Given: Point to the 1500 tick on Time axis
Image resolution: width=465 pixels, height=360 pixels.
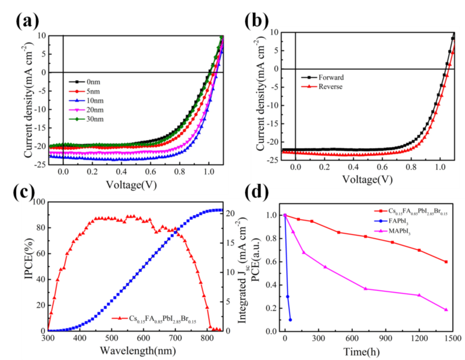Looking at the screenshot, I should pyautogui.click(x=452, y=338).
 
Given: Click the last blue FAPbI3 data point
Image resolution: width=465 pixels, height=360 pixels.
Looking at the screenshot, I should pyautogui.click(x=290, y=320).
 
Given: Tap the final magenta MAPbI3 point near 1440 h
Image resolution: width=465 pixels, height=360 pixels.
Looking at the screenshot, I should pyautogui.click(x=446, y=310).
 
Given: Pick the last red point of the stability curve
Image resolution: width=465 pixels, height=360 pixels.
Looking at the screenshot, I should pyautogui.click(x=446, y=262).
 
